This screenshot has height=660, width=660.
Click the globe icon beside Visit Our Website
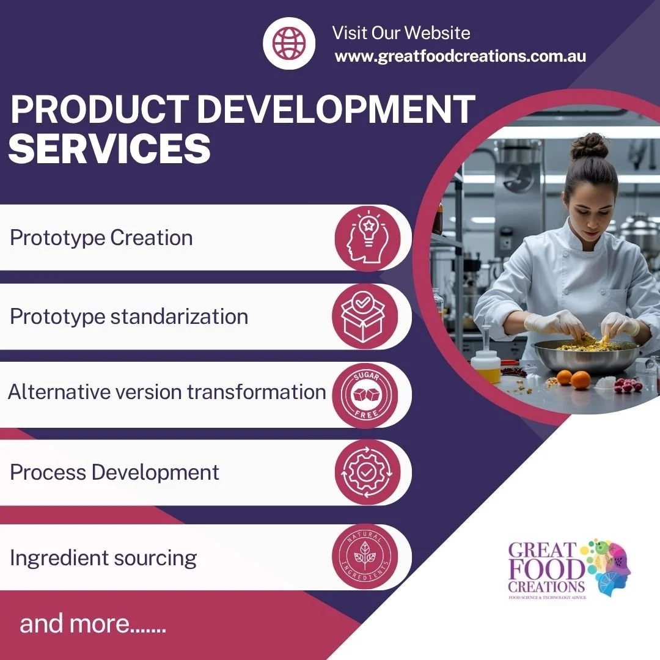(288, 42)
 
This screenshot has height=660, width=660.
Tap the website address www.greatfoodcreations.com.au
(460, 56)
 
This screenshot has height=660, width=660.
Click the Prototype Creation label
(101, 238)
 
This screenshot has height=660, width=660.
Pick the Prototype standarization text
(129, 317)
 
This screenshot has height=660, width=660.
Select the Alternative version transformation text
(167, 392)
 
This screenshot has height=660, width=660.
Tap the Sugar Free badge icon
(367, 395)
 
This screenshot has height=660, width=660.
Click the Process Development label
(114, 472)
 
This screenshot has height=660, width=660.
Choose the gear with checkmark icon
(367, 472)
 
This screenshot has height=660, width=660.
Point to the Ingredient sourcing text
(103, 557)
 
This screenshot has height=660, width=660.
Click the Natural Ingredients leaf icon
(365, 557)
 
